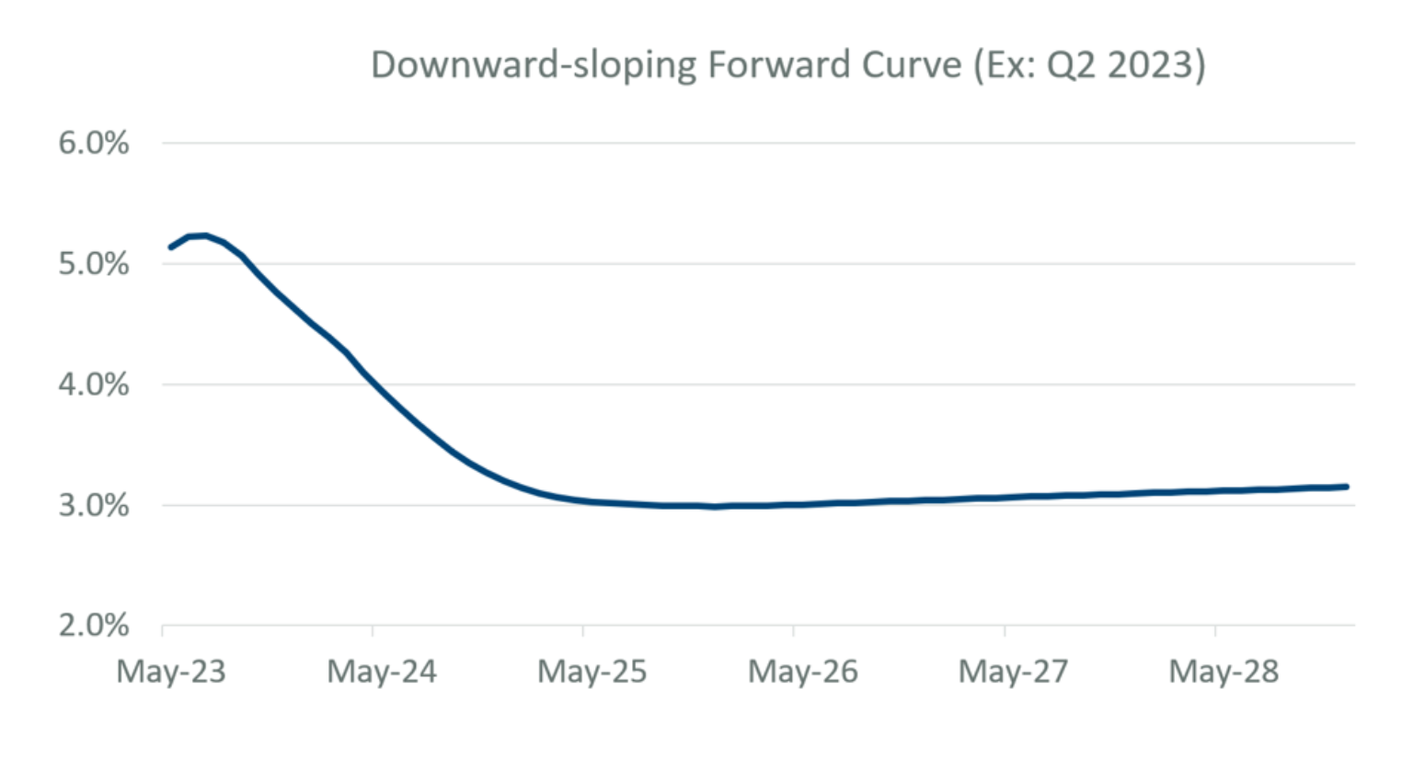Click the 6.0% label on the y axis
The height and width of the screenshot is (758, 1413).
pos(94,144)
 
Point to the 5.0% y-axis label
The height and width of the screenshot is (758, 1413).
pos(94,264)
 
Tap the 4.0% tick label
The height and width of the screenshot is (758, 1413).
pos(94,385)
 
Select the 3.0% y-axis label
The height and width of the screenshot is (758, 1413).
pos(94,505)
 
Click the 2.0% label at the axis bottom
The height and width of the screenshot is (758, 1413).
pos(94,626)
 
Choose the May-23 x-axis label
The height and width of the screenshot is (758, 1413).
pos(171,672)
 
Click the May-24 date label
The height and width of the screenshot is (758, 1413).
pos(382,672)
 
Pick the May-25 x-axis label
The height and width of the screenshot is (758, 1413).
pos(592,672)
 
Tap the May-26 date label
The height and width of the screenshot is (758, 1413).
pos(803,672)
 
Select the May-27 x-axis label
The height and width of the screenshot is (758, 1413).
pos(1014,672)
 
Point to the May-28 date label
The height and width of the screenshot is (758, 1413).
pos(1224,672)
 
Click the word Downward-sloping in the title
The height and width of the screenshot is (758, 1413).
pos(533,66)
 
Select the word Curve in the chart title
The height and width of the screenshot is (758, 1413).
pos(912,64)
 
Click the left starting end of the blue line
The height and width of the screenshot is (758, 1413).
pos(171,247)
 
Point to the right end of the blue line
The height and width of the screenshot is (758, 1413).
pos(1347,487)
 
